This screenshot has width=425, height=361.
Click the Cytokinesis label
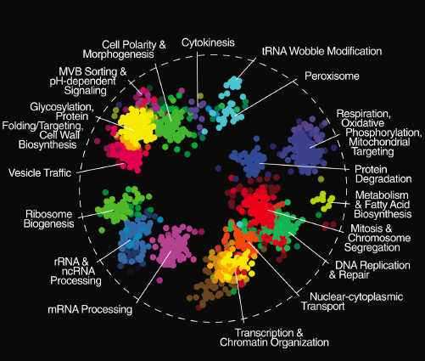[x=208, y=42]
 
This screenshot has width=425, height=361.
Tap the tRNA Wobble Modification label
[x=322, y=51]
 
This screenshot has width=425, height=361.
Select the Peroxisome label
[x=332, y=76]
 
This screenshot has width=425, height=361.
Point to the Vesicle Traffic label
[x=40, y=172]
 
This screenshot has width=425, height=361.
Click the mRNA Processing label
[x=90, y=309]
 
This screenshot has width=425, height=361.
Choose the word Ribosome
[x=49, y=214]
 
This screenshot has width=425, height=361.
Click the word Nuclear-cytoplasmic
[x=356, y=296]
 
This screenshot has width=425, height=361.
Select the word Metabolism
[x=382, y=195]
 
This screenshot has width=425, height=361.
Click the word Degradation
[x=383, y=179]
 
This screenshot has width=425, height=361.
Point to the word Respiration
[x=364, y=114]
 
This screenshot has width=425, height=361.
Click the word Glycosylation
[x=62, y=107]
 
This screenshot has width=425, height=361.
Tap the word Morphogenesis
[x=118, y=54]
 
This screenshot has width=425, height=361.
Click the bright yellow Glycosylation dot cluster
[x=137, y=125]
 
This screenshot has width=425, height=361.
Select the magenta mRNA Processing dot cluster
[x=173, y=246]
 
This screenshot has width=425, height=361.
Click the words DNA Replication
[x=372, y=265]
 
